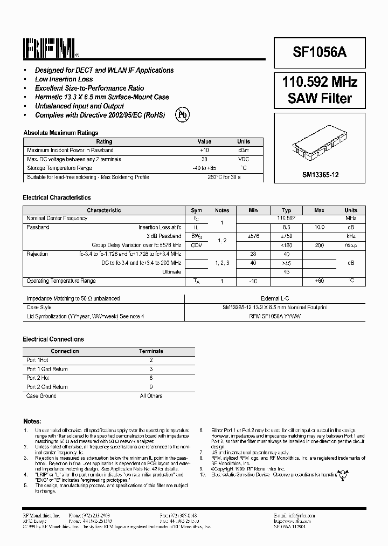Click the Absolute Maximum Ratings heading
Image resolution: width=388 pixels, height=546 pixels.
(x=60, y=133)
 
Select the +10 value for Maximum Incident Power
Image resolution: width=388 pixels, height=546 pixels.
(x=204, y=150)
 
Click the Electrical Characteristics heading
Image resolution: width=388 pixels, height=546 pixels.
(x=57, y=198)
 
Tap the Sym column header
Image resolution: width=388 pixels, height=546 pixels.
(x=196, y=210)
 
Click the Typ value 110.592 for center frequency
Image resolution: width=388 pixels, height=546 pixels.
(x=287, y=219)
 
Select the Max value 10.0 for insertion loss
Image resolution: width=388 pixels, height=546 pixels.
(x=319, y=228)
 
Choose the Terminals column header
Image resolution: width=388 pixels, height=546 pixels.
(x=151, y=351)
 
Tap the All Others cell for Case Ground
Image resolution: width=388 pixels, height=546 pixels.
(x=151, y=396)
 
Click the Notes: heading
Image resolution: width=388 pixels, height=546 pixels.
(x=32, y=421)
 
